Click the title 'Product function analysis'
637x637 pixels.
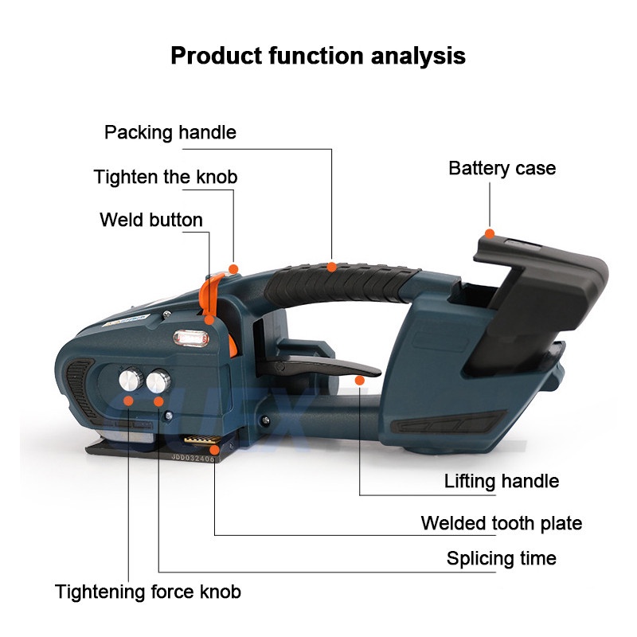(318, 56)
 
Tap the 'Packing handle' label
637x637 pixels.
(170, 132)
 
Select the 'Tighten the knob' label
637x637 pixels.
(166, 177)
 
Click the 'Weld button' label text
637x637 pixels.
(151, 220)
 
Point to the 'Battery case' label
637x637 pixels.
(502, 168)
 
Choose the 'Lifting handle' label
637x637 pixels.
(501, 481)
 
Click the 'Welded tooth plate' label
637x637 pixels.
(501, 523)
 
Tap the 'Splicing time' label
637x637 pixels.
(501, 558)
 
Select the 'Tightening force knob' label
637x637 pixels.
(148, 592)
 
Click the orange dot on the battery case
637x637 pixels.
(490, 233)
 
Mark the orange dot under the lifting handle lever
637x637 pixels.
(359, 383)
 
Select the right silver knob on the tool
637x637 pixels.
(157, 381)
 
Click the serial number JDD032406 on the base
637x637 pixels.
(192, 458)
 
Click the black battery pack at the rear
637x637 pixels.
(541, 303)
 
